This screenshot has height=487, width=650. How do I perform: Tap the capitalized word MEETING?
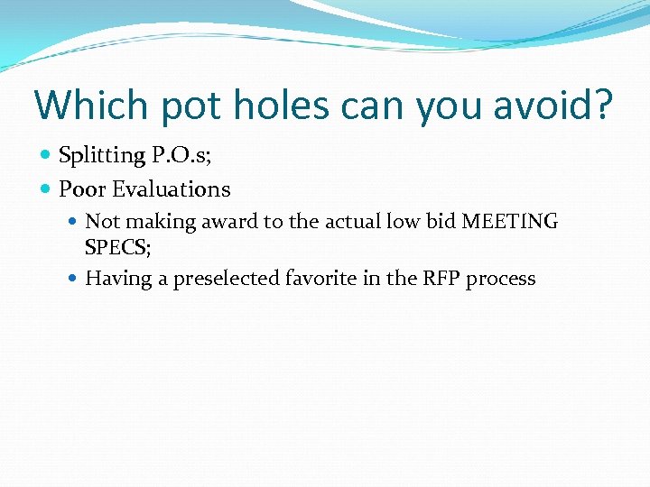point(509,222)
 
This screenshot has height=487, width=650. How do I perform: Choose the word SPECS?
point(117,245)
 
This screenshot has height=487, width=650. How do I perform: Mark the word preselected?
point(226,279)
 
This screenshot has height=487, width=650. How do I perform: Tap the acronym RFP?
point(438,279)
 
